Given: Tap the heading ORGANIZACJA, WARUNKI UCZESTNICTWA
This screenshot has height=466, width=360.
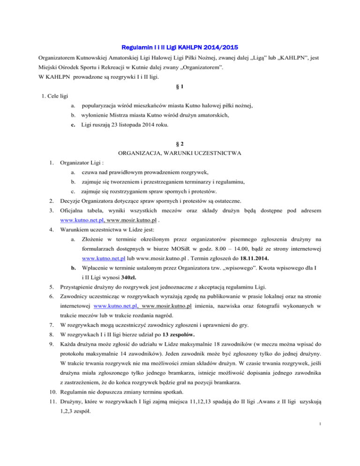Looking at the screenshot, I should point(180,153).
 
